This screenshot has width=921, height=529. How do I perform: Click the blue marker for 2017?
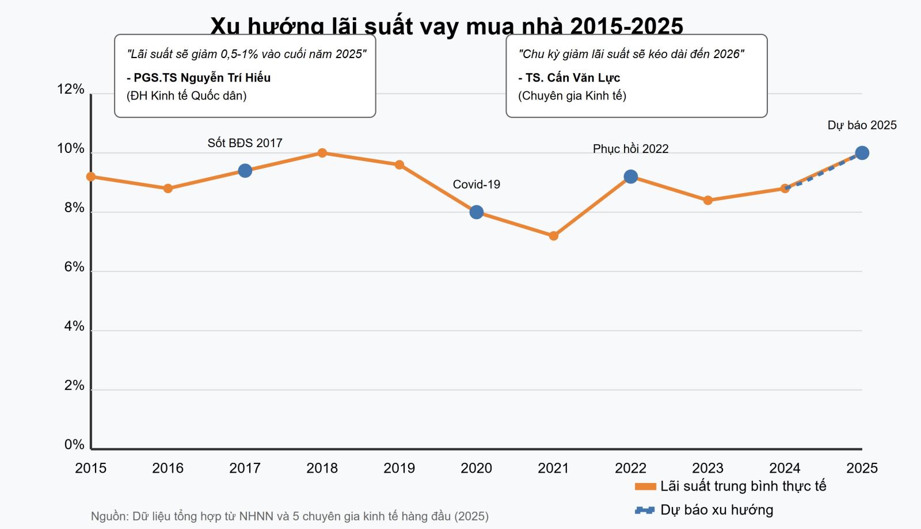tap(245, 171)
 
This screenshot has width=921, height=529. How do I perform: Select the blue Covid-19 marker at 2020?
tap(477, 212)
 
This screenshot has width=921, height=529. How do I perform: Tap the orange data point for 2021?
tap(554, 236)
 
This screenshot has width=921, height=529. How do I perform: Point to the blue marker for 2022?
tap(631, 177)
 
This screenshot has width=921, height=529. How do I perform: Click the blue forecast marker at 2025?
tap(862, 153)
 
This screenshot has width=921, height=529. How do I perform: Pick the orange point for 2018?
tap(322, 153)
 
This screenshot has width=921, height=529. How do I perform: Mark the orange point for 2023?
tap(708, 200)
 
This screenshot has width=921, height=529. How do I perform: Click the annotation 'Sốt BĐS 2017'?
tap(245, 143)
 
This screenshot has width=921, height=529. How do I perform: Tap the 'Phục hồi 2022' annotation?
tap(631, 149)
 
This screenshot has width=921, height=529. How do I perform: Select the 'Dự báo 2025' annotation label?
tap(862, 125)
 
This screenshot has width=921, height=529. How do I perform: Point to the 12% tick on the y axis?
tap(71, 89)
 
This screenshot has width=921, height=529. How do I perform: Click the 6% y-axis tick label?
tap(74, 267)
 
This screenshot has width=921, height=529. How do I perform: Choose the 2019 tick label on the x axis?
tap(399, 468)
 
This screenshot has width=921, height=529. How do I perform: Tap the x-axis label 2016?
tap(168, 468)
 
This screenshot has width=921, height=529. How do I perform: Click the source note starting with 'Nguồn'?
tap(290, 516)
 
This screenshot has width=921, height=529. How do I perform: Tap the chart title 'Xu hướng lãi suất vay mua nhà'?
tap(447, 26)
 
